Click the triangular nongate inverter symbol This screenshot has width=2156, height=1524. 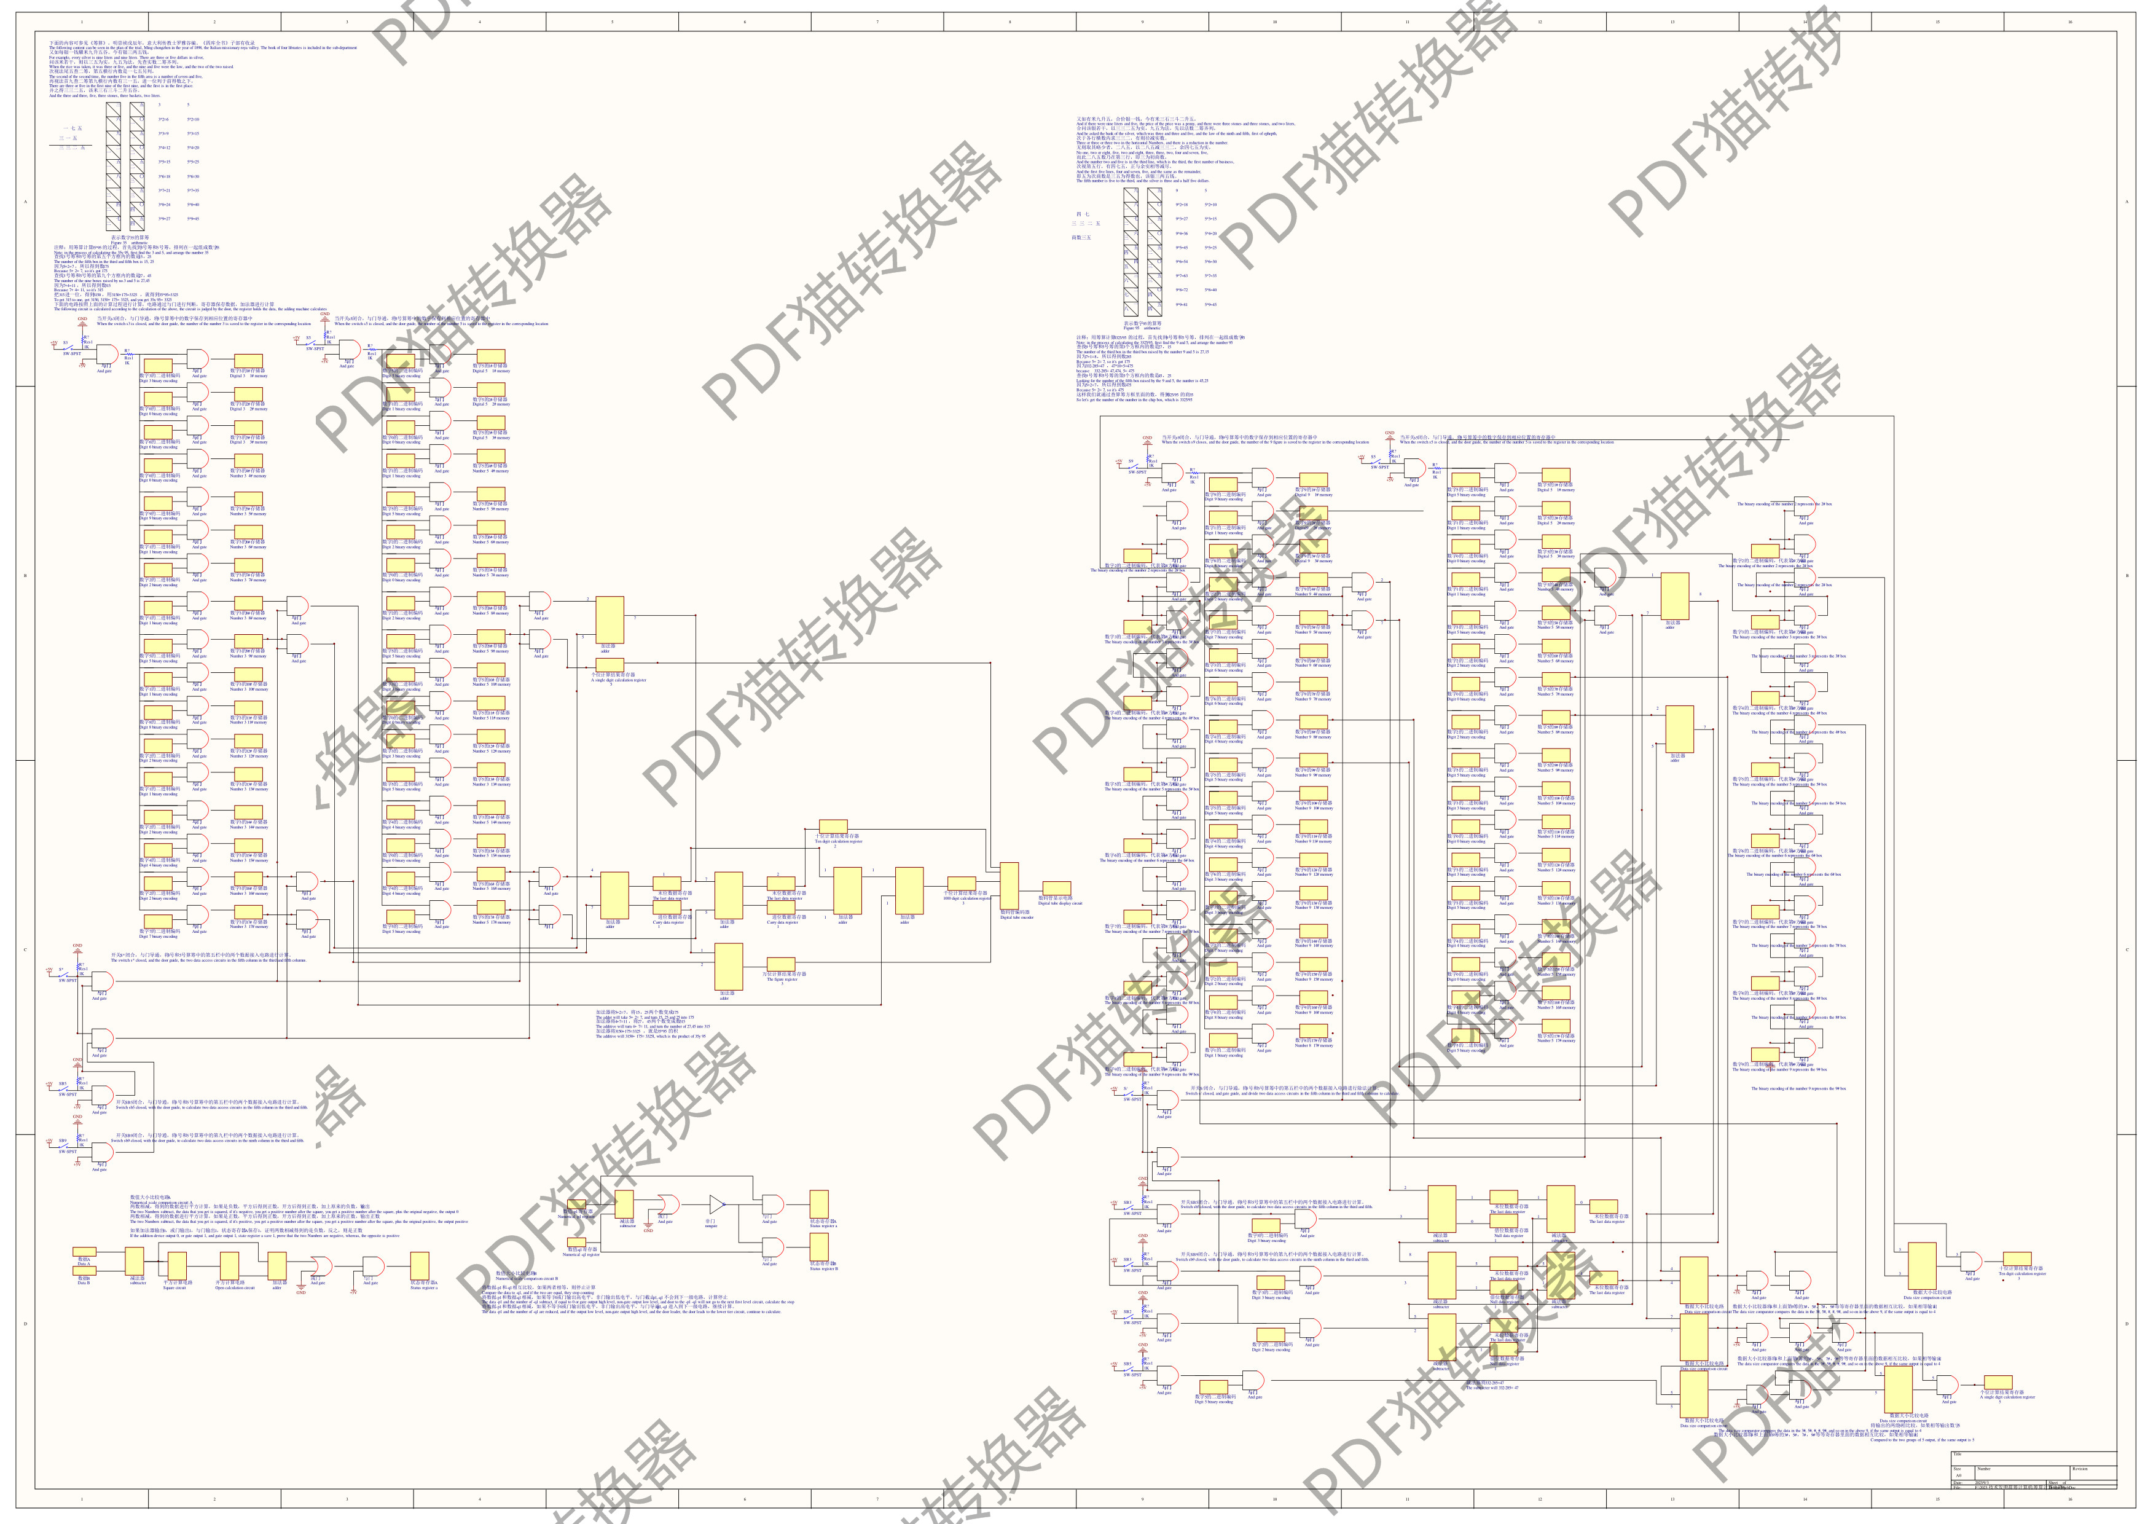[x=716, y=1204]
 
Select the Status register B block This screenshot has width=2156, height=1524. [x=819, y=1247]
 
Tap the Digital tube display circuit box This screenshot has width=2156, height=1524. [x=1057, y=889]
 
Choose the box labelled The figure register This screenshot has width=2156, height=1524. [x=782, y=964]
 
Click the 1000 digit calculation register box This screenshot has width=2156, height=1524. [x=960, y=884]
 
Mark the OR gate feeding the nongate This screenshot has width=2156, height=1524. [x=667, y=1204]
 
